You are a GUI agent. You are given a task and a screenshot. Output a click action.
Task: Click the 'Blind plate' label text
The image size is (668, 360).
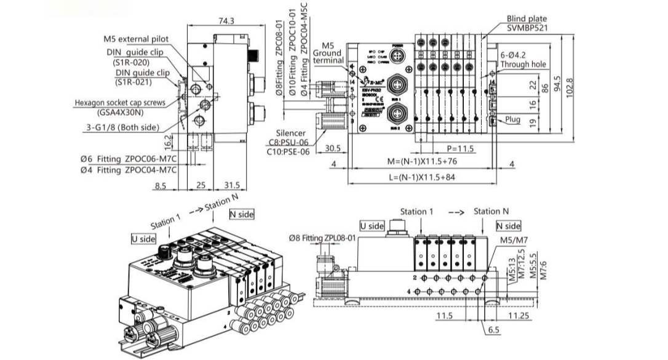coord(526,19)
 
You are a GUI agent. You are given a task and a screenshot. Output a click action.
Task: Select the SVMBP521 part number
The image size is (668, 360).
coord(527,28)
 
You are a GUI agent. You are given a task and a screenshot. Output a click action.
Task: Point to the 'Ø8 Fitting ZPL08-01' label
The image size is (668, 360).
coord(322,237)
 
